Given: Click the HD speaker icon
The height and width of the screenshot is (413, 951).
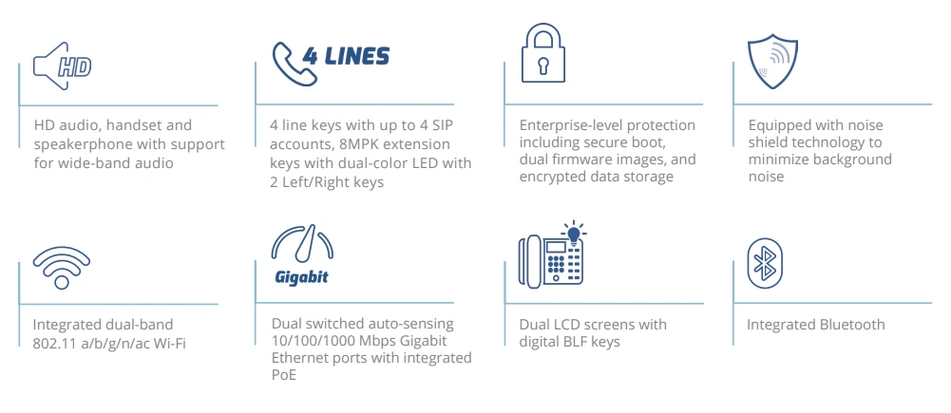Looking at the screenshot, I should pyautogui.click(x=63, y=65).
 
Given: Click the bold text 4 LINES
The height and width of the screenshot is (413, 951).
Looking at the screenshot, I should pyautogui.click(x=346, y=56).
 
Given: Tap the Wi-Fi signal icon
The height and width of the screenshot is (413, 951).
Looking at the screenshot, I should pyautogui.click(x=61, y=266).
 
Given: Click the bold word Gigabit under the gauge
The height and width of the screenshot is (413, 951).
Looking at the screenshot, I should pyautogui.click(x=300, y=278).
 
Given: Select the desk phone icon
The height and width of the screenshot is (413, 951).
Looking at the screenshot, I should pyautogui.click(x=550, y=258).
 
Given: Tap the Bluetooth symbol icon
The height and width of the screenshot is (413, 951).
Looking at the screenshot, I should pyautogui.click(x=765, y=262).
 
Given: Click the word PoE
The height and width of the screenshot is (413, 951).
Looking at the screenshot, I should pyautogui.click(x=283, y=375).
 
